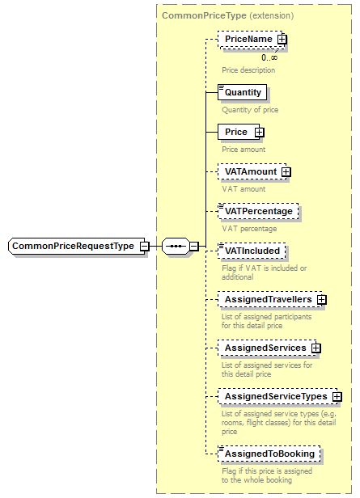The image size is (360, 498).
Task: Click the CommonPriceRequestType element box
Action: click(73, 246)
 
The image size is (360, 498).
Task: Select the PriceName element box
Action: click(248, 39)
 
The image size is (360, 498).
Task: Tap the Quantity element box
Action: click(243, 92)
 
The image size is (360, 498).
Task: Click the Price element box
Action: click(236, 132)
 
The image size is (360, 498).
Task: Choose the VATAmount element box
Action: click(250, 171)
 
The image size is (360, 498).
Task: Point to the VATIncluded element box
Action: click(252, 251)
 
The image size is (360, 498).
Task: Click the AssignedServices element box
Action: click(265, 348)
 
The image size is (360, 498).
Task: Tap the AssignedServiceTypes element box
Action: click(275, 397)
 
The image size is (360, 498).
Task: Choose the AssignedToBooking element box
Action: click(269, 454)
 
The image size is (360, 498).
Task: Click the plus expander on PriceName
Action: click(282, 39)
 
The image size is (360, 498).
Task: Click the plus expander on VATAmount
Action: click(286, 171)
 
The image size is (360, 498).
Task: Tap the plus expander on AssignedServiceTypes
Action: click(337, 397)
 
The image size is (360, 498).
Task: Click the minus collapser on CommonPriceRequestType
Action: click(143, 246)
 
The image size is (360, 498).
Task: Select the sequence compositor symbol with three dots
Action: click(175, 246)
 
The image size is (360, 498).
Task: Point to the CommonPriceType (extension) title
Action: click(227, 15)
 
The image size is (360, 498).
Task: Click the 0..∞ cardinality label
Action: click(269, 57)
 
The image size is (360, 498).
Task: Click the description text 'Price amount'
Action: click(244, 149)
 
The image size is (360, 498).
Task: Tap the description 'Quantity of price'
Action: click(249, 109)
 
